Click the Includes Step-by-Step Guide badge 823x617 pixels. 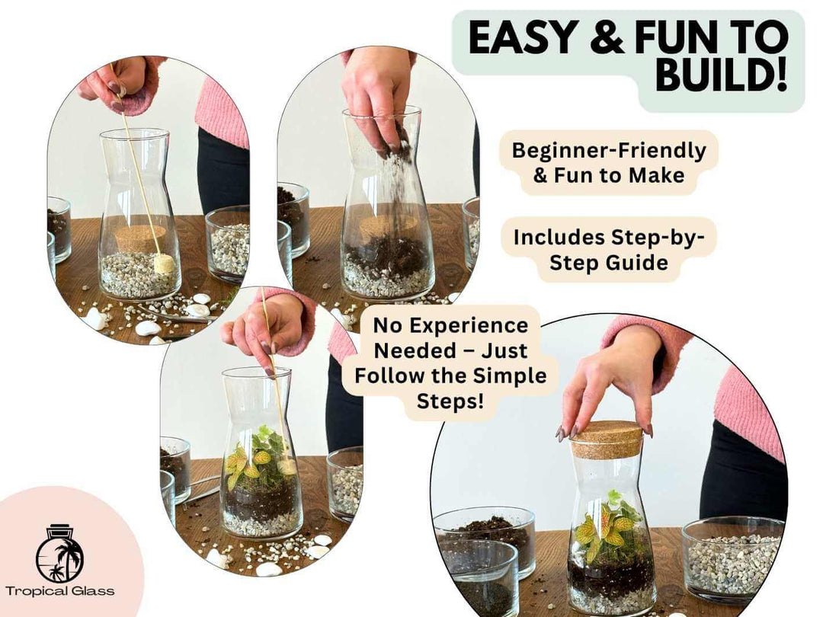[x=609, y=249]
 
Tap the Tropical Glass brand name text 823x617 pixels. [x=60, y=591]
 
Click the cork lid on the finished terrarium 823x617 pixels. [x=607, y=440]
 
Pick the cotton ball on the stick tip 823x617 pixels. [x=165, y=264]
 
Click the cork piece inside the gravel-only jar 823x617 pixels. [x=137, y=237]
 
